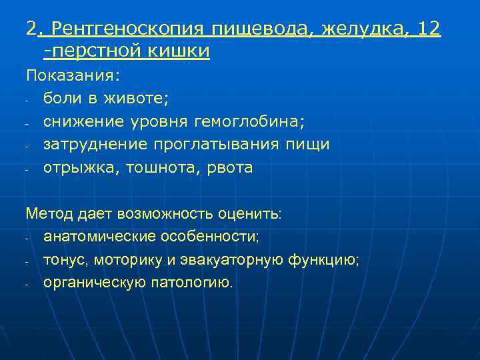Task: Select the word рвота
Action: pos(229,168)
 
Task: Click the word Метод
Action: pos(46,214)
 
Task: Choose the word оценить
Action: pos(254,214)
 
